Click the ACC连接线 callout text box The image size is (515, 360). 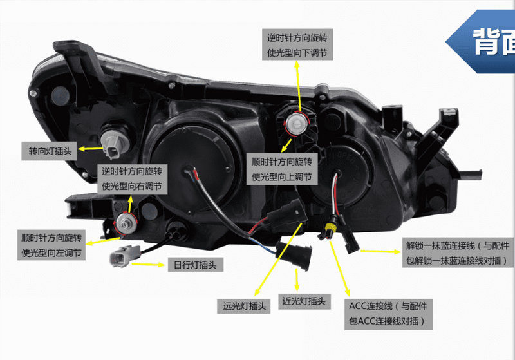click(388, 314)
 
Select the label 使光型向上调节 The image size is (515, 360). click(282, 175)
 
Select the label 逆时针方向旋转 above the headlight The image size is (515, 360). click(297, 37)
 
